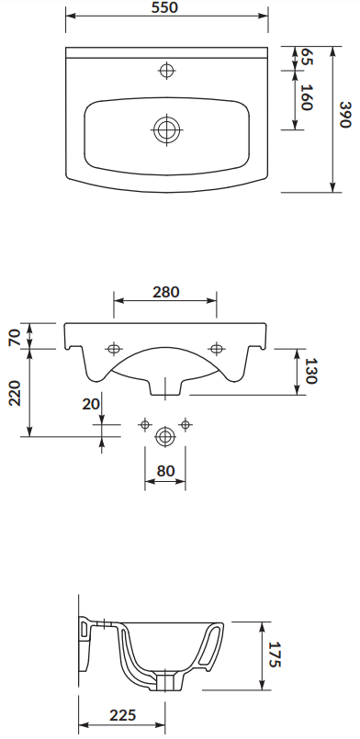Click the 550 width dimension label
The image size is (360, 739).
pos(165,7)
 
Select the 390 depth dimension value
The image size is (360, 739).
pos(345,115)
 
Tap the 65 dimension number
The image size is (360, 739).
pos(307,57)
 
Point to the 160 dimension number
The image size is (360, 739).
pos(307,97)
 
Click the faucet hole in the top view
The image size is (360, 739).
pos(166,71)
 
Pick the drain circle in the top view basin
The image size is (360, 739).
pos(166,129)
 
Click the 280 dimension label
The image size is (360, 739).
pos(166,292)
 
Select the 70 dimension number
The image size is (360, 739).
pos(15,337)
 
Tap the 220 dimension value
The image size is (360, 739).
pos(15,393)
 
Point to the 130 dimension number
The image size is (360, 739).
pos(310,371)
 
